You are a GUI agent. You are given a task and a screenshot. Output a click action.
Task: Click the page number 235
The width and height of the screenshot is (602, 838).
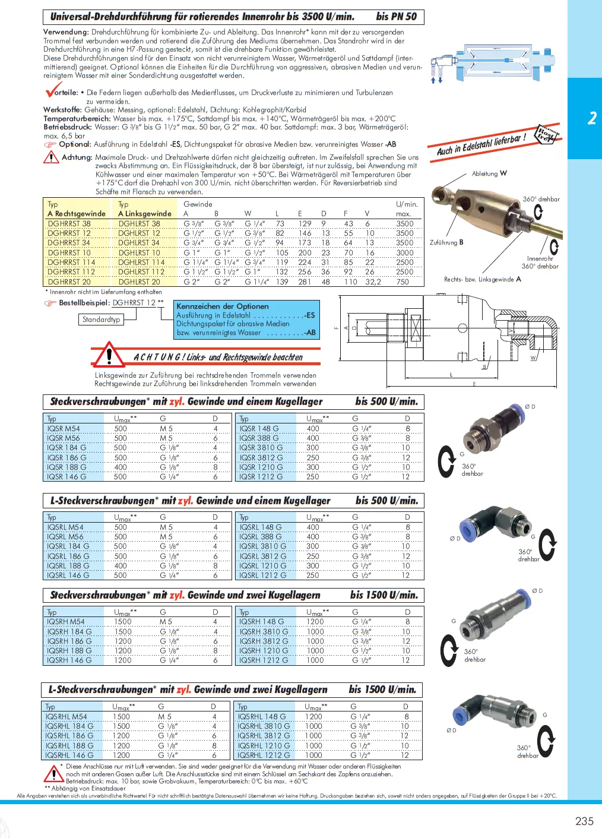click(x=584, y=821)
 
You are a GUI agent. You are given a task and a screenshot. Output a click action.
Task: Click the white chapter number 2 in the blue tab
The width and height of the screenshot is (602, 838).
click(x=592, y=118)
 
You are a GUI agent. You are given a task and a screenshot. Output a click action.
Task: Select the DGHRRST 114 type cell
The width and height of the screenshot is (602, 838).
click(x=71, y=263)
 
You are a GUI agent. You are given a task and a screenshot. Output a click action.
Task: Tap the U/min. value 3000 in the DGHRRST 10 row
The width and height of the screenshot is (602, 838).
click(x=404, y=253)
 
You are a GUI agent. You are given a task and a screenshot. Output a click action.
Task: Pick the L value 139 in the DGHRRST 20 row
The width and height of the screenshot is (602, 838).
click(x=282, y=282)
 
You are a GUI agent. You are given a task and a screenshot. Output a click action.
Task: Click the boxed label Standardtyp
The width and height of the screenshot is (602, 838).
click(x=102, y=320)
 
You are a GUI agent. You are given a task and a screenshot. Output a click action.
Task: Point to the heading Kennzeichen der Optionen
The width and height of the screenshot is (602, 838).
click(x=223, y=306)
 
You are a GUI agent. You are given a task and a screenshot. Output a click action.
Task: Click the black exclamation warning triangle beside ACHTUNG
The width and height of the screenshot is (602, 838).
click(x=109, y=355)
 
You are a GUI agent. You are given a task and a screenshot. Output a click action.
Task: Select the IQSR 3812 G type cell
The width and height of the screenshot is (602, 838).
click(x=261, y=458)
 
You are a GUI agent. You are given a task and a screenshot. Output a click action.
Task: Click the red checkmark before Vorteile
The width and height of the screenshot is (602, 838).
click(x=52, y=91)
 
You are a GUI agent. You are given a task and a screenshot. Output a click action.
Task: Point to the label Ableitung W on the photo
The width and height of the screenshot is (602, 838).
click(x=489, y=174)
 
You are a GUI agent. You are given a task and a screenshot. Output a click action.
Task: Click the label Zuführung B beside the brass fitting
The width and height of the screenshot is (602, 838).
click(x=446, y=242)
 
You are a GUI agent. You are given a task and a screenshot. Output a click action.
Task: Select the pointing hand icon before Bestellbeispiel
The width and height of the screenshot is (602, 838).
click(x=50, y=303)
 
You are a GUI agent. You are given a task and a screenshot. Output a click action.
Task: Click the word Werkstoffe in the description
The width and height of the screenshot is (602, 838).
click(x=62, y=110)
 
